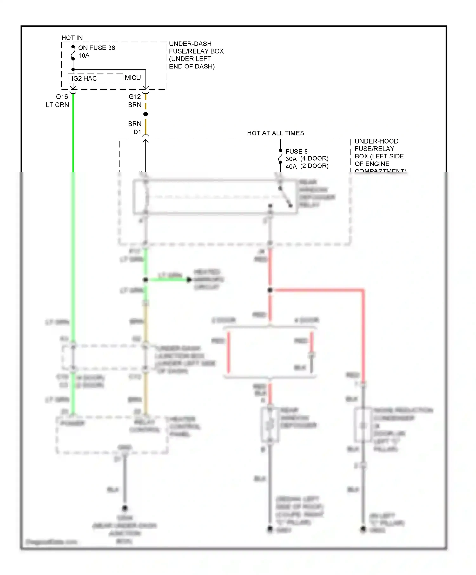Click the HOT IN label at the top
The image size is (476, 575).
72,38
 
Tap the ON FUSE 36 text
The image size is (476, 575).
96,48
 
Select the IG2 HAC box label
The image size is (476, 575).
84,79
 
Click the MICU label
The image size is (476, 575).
133,78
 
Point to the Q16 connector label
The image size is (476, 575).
62,97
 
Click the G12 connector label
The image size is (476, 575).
135,97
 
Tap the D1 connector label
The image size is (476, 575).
137,132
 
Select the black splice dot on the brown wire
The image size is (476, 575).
146,114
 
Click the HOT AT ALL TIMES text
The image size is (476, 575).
275,133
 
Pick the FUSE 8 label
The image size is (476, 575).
296,152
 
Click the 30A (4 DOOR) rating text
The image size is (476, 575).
307,158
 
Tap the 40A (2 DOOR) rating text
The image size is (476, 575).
307,166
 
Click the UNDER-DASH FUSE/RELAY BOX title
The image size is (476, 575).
196,55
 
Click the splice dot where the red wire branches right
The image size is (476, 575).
270,290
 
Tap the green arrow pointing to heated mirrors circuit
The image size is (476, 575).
188,280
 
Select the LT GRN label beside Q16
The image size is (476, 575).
57,105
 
